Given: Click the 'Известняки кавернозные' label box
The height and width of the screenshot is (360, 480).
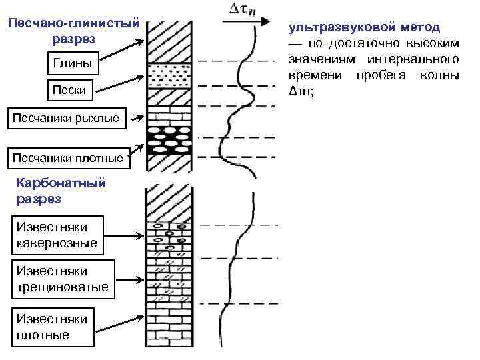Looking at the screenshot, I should (57, 235).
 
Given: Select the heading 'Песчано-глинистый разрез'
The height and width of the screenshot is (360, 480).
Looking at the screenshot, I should (73, 31).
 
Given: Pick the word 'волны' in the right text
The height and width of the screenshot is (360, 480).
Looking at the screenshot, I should (439, 75).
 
